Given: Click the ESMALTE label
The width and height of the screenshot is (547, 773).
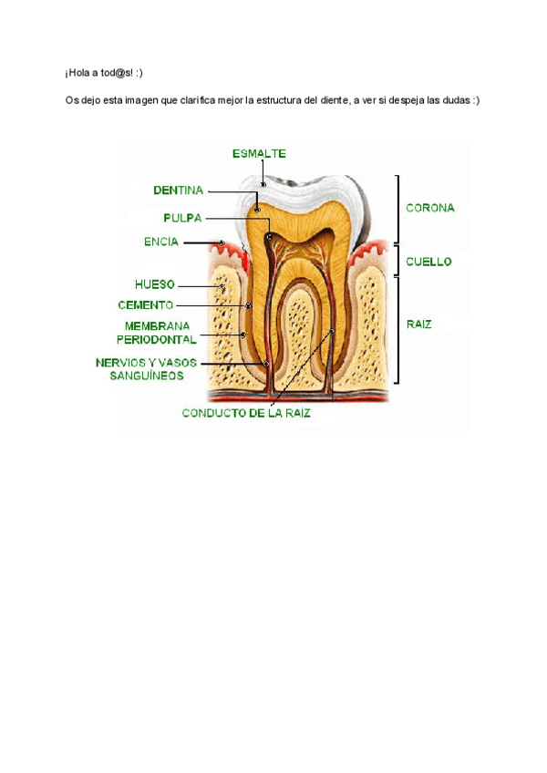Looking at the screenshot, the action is (x=259, y=153).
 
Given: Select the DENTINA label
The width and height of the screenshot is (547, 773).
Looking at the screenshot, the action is (x=178, y=191).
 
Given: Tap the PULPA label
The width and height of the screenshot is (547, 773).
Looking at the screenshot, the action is (x=182, y=218).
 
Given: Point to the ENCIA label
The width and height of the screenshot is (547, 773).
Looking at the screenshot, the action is (x=161, y=242).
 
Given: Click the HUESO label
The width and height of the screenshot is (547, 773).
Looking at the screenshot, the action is (x=154, y=284).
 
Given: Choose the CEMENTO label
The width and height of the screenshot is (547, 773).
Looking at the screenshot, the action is (x=146, y=305).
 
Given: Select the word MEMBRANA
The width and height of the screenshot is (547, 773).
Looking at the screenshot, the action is (x=158, y=325).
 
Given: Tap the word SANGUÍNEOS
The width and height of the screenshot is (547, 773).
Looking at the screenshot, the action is (x=147, y=375).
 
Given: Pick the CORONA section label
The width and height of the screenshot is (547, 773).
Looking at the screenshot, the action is (x=430, y=208).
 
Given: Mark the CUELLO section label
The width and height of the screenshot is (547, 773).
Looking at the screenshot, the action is (x=428, y=261).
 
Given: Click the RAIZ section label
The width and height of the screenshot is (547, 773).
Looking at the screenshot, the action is (x=419, y=324).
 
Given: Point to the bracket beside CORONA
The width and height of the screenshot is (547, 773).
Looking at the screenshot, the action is (x=397, y=207).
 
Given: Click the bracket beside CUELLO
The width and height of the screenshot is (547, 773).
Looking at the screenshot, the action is (x=397, y=260).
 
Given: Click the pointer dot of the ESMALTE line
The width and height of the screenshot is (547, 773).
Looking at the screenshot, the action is (x=263, y=185).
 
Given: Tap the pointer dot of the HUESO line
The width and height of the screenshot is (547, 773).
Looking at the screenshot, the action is (x=221, y=285).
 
